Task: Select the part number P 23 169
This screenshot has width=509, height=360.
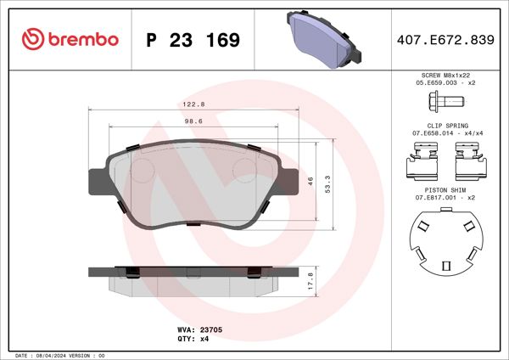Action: point(193,40)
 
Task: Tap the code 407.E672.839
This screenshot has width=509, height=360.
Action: point(445,40)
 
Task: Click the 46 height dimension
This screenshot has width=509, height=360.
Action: point(310,181)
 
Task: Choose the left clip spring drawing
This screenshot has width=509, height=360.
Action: point(422,160)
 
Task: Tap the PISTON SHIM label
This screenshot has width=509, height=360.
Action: point(445,191)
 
